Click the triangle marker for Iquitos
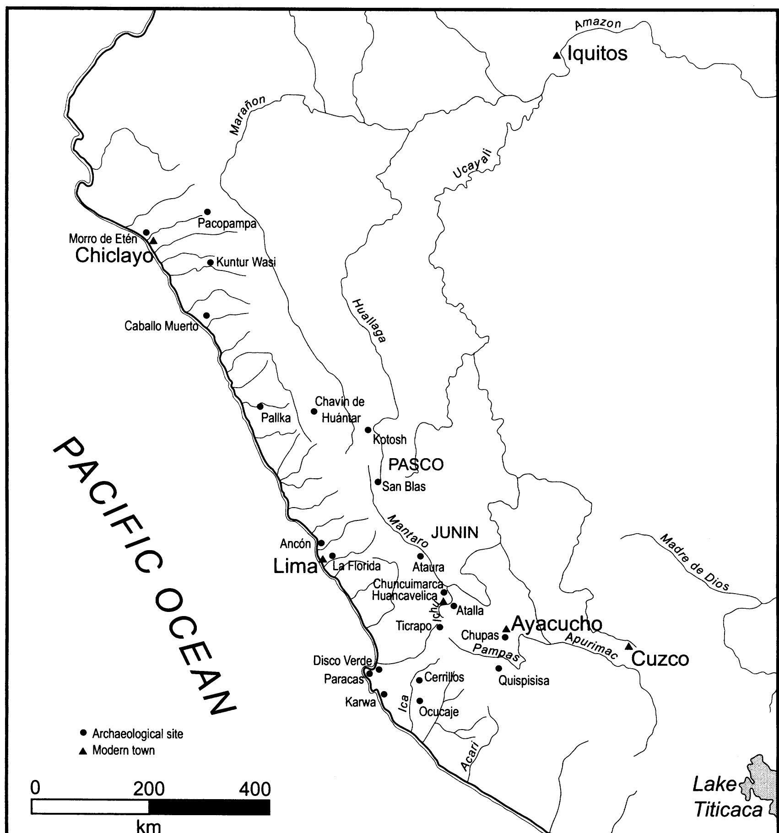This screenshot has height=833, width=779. [x=556, y=55]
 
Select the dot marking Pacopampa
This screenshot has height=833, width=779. [x=207, y=211]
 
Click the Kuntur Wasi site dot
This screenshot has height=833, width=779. [x=210, y=262]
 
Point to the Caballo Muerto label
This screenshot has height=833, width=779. [x=161, y=326]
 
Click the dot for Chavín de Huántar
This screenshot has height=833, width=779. [x=314, y=411]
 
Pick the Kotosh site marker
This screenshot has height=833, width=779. [x=368, y=430]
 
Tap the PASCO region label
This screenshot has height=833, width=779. [x=416, y=465]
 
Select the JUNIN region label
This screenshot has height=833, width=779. [x=454, y=532]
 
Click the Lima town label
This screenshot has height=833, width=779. [x=295, y=567]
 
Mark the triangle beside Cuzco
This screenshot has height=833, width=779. [x=629, y=646]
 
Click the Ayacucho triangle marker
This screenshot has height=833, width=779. [x=506, y=629]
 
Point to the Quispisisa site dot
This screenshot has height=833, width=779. [x=499, y=668]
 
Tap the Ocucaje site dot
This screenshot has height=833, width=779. [x=419, y=701]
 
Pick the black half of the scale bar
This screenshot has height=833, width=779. [x=209, y=806]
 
